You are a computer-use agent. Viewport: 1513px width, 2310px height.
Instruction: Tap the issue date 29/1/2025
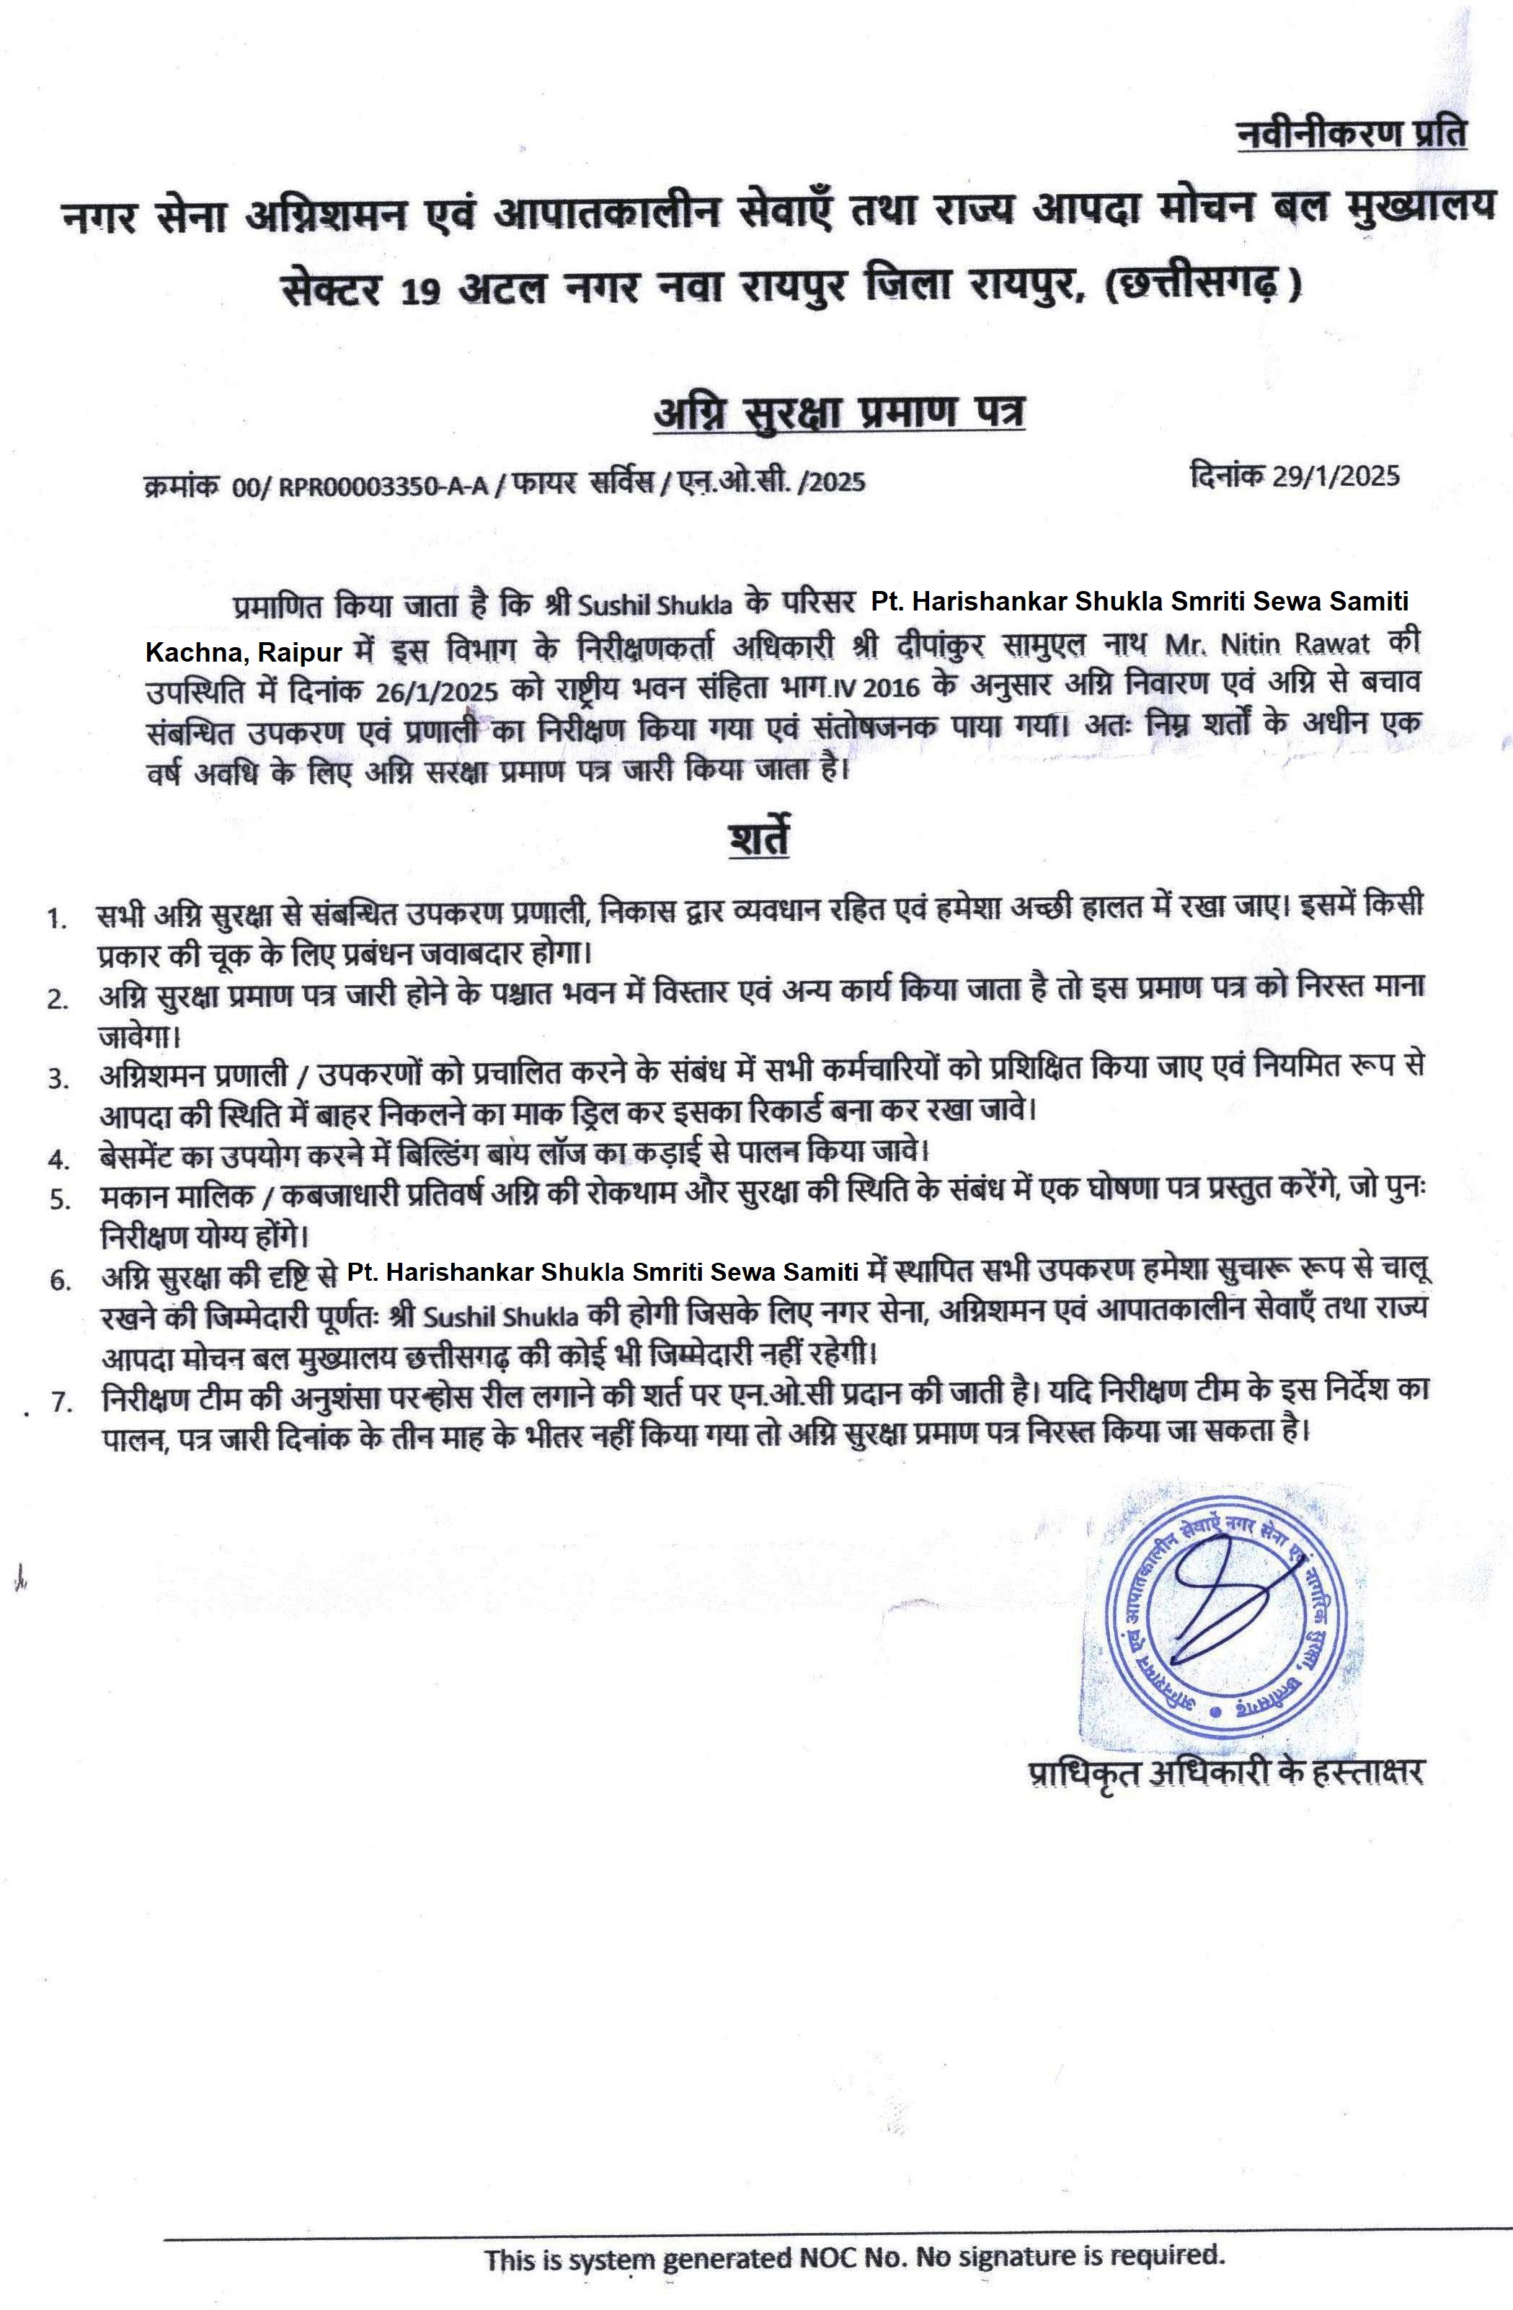click(x=1336, y=476)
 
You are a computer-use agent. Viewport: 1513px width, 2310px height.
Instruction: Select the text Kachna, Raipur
click(x=243, y=652)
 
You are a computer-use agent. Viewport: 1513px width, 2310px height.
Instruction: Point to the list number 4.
click(x=58, y=1159)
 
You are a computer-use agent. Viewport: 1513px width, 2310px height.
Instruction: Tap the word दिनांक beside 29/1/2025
click(x=1228, y=476)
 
